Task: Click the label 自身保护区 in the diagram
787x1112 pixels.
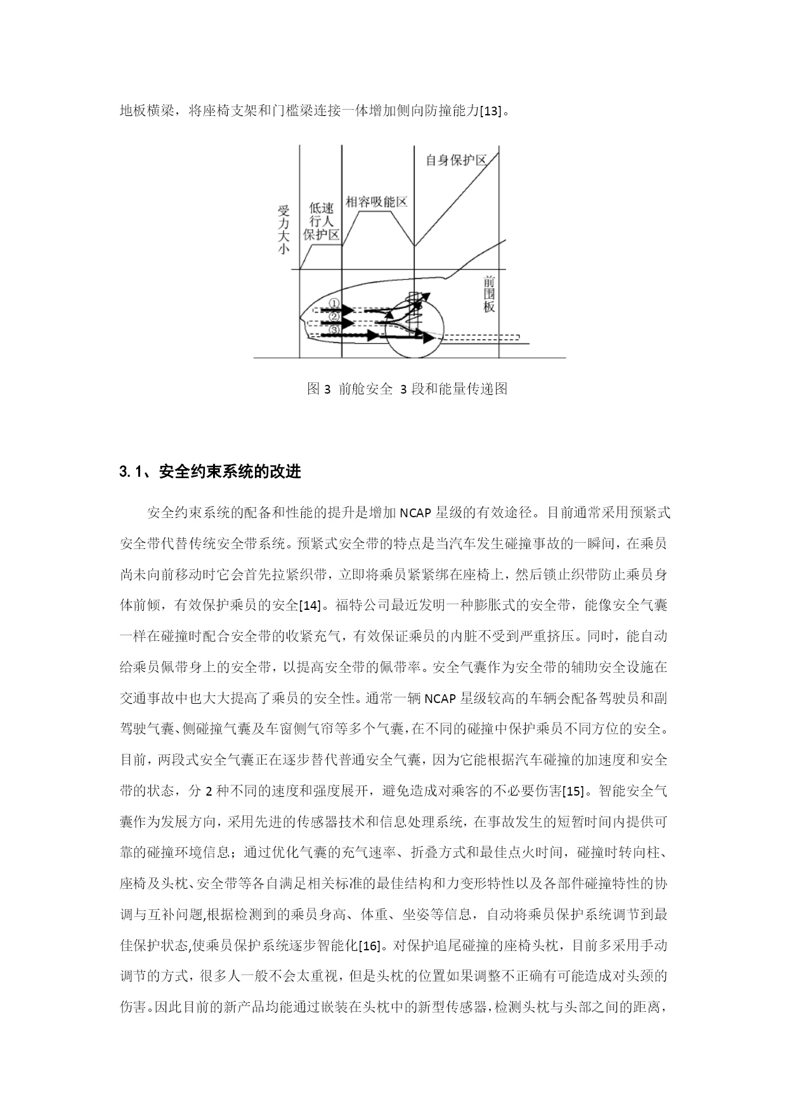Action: point(456,160)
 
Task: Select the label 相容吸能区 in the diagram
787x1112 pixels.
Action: point(375,202)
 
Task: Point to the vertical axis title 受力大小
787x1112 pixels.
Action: point(283,229)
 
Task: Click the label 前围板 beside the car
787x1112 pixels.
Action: point(488,294)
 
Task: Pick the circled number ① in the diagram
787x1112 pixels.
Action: point(335,304)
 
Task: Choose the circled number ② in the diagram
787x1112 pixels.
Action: point(335,316)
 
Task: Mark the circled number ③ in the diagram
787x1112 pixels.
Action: point(335,330)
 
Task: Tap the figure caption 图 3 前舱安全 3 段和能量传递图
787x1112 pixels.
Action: point(407,389)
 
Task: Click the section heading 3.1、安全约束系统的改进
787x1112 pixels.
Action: point(209,472)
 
